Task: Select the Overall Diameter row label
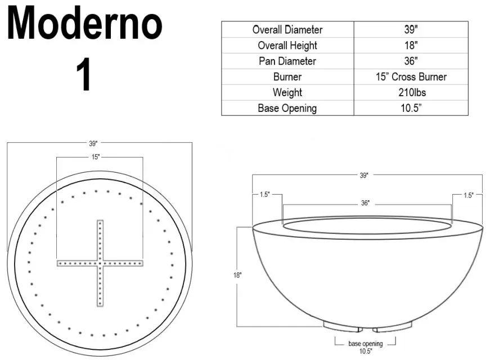coord(287,30)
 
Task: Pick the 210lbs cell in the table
coord(411,92)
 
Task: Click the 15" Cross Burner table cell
coord(411,76)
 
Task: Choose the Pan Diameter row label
coord(287,61)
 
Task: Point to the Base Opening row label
coord(287,108)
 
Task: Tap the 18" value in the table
coord(411,46)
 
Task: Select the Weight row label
coord(287,92)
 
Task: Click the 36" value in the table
coord(411,61)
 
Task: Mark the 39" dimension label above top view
coord(93,143)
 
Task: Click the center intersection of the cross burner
coord(100,263)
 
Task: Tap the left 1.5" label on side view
coord(264,195)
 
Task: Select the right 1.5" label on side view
coord(468,195)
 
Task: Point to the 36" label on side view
coord(365,203)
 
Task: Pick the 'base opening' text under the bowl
coord(365,343)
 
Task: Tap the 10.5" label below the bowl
coord(365,351)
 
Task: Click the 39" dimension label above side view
coord(364,175)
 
